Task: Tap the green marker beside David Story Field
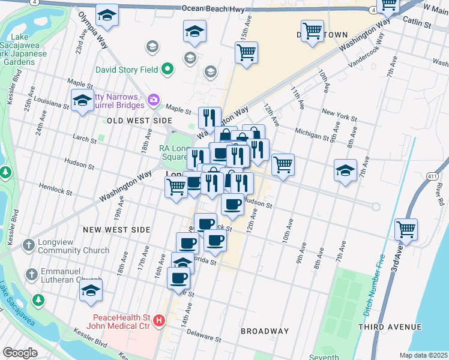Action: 168,70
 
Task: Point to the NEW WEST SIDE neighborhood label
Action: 116,230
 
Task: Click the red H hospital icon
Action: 159,321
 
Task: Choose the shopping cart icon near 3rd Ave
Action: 406,229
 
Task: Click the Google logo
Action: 20,353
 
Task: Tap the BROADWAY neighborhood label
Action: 265,331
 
